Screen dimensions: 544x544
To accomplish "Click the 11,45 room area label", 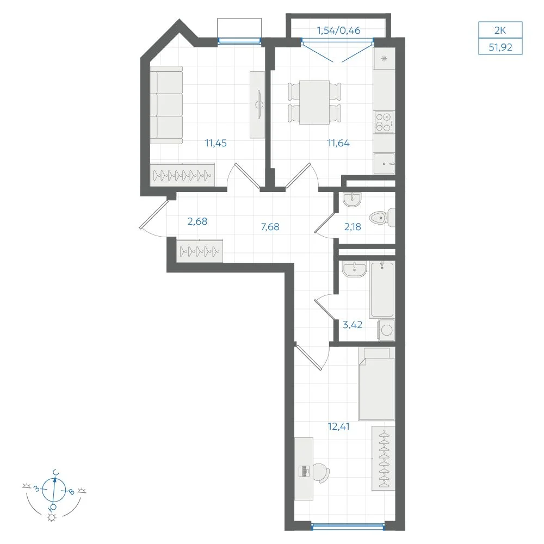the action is point(215,143).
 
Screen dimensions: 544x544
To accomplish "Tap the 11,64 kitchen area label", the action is point(338,143).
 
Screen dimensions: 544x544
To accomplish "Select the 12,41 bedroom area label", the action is point(338,426).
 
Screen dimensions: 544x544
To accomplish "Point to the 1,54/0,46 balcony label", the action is point(338,30).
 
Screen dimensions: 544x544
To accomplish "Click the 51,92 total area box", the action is point(500,46).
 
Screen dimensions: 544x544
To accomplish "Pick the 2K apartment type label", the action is point(500,30).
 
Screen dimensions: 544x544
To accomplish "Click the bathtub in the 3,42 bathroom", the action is point(382,290).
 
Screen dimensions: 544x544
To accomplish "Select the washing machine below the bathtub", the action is point(386,330).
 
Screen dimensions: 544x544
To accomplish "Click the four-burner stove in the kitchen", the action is point(384,122).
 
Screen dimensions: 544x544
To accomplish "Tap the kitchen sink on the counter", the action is point(384,163).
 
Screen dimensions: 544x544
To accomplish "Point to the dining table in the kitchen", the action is point(314,102).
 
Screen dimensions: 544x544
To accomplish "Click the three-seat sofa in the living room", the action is point(166,105).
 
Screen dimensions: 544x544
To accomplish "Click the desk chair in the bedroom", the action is point(321,473).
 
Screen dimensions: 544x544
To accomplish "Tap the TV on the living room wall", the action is point(259,104).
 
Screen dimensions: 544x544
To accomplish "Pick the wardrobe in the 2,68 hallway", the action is point(200,250).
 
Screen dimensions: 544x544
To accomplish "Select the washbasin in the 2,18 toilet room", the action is point(352,200).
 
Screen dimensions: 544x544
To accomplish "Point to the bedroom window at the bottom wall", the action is point(348,527).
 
